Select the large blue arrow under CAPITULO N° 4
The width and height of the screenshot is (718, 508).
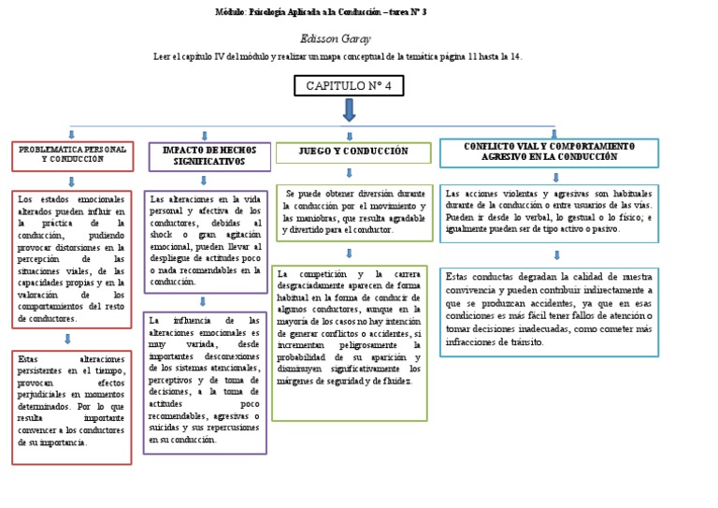(x=349, y=110)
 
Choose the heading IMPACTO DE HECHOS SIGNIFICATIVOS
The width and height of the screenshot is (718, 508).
(x=208, y=155)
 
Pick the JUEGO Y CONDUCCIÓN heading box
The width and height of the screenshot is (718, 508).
(x=352, y=152)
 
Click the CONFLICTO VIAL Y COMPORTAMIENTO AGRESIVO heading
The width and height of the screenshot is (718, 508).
(x=549, y=152)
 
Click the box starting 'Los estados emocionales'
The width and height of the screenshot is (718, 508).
(x=71, y=258)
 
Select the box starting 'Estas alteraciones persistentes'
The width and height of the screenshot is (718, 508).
(x=71, y=406)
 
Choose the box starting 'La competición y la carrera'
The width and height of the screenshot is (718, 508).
(x=353, y=341)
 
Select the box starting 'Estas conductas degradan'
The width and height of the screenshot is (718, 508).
(x=549, y=312)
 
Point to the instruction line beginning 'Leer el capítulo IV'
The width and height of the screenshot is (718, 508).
(x=337, y=57)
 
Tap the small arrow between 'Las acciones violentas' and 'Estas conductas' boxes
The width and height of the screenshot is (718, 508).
(x=557, y=254)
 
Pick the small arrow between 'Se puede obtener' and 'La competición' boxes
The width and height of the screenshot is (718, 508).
(x=348, y=253)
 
